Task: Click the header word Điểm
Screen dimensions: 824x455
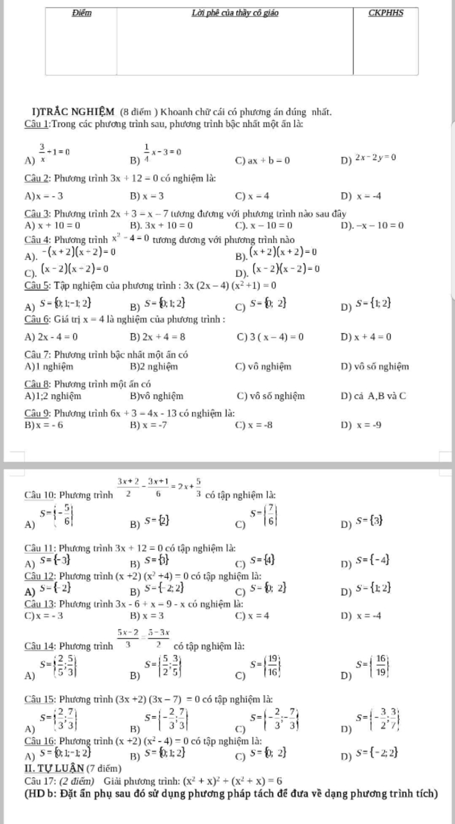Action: (x=81, y=13)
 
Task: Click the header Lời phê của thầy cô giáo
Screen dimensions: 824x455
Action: (x=235, y=13)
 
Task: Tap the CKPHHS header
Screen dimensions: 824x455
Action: (x=386, y=13)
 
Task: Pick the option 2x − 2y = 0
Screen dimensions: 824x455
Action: (x=375, y=157)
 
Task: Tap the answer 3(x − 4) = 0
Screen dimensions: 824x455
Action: (x=277, y=337)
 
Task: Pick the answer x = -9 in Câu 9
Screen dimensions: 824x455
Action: (x=369, y=425)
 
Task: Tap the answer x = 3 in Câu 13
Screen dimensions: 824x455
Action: (x=153, y=616)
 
